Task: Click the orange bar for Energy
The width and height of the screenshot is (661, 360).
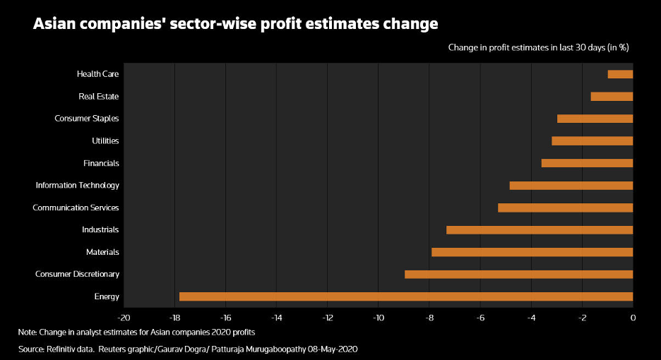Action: (x=406, y=296)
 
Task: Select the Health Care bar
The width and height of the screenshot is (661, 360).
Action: (x=620, y=74)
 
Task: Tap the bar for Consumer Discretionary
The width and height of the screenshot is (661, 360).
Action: (x=518, y=274)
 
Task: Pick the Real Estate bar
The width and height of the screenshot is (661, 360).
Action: (x=612, y=96)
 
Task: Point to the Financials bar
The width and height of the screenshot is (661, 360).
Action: (x=587, y=163)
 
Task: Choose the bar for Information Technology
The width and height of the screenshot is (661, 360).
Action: (x=571, y=186)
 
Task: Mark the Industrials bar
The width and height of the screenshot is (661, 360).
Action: (x=540, y=230)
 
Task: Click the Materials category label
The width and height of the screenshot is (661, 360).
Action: (x=102, y=252)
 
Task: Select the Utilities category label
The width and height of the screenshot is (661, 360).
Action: (x=105, y=141)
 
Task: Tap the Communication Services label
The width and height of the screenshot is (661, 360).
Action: (x=76, y=208)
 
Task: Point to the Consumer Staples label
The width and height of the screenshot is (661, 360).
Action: (x=86, y=119)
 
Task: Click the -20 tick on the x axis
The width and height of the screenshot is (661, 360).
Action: (x=124, y=318)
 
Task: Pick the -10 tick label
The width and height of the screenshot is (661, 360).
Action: (x=378, y=318)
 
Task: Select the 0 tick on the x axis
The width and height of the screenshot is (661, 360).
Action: (x=633, y=318)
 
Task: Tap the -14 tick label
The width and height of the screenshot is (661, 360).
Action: (x=276, y=318)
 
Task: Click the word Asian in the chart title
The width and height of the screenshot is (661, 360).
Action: (x=55, y=24)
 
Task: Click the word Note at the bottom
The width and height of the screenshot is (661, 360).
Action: (x=27, y=332)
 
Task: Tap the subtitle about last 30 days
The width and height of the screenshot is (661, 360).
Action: (x=538, y=47)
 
